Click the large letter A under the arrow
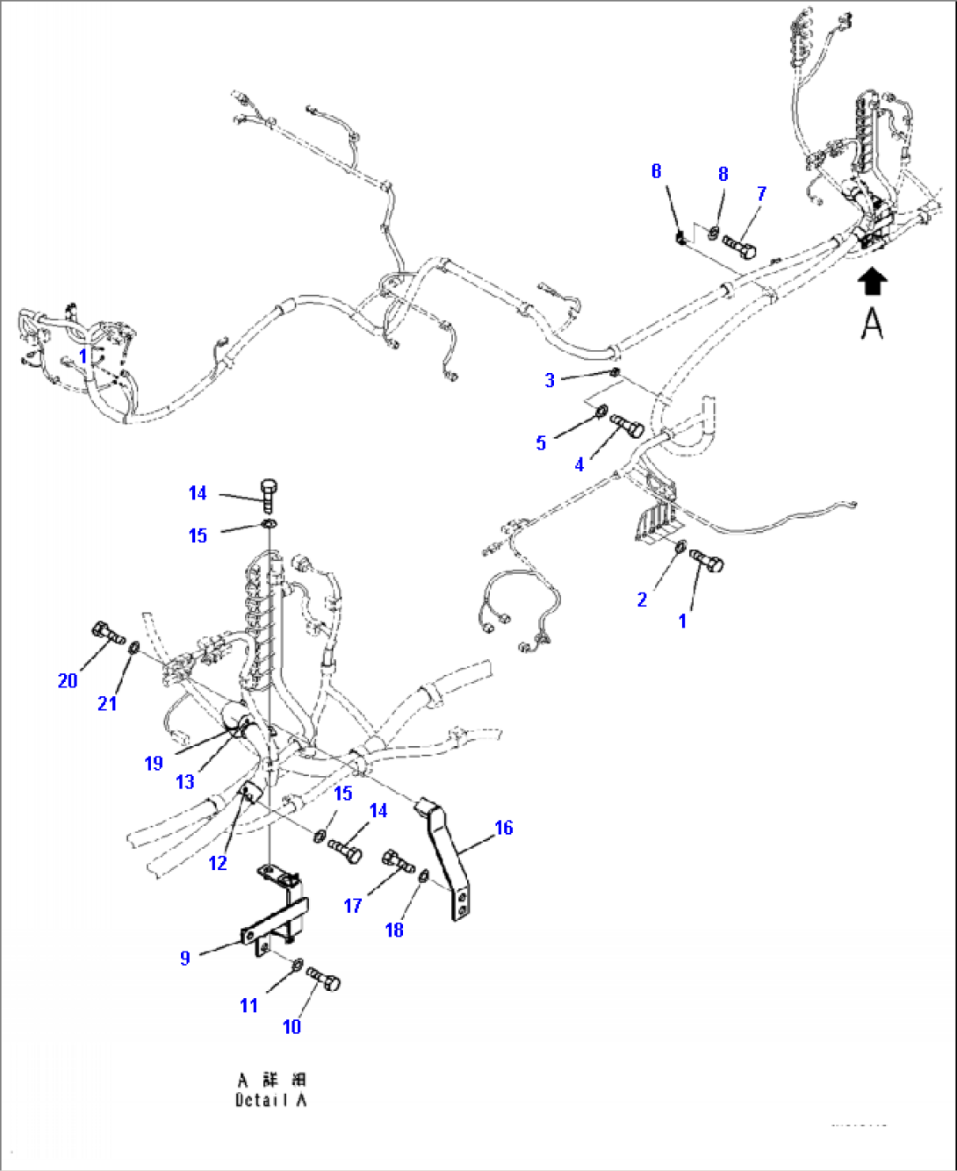(x=872, y=323)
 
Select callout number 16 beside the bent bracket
(x=503, y=827)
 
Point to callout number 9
(x=184, y=957)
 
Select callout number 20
(x=68, y=680)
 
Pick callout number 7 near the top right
(x=761, y=193)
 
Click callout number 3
(x=550, y=380)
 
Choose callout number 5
(x=541, y=442)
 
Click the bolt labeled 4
(x=627, y=427)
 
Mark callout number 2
(x=642, y=599)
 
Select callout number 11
(x=248, y=1005)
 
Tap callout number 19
(x=154, y=763)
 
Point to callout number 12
(x=218, y=863)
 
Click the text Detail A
(x=271, y=1099)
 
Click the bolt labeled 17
(x=397, y=861)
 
